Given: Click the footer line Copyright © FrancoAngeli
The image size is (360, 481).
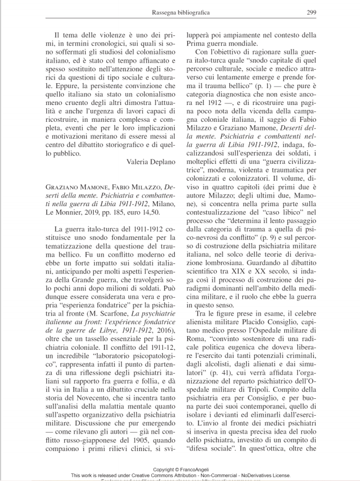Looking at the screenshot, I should [x=179, y=469].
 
